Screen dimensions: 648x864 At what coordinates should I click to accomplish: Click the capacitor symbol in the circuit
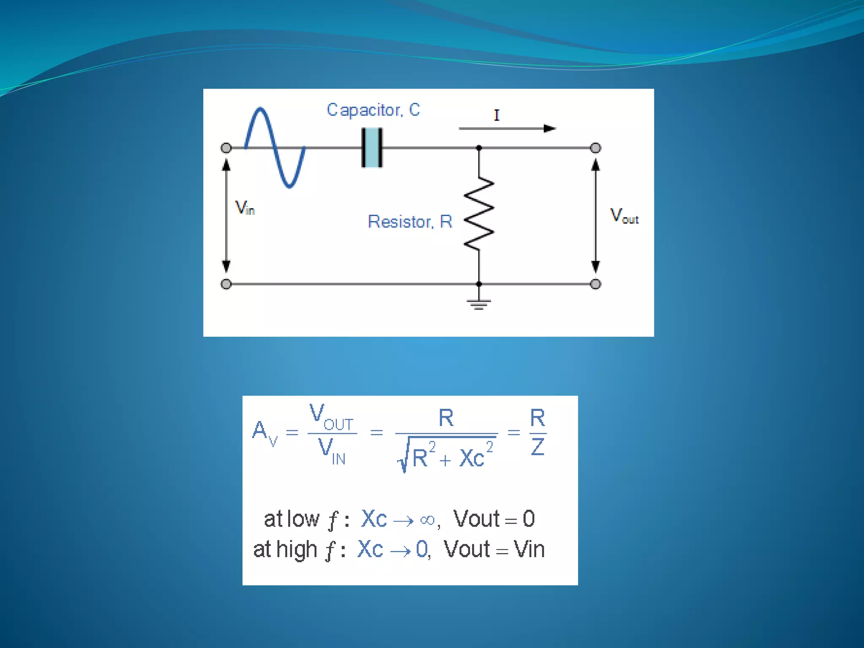click(372, 148)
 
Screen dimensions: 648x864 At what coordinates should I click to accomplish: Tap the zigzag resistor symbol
click(479, 214)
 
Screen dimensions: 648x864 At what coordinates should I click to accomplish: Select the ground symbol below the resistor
click(479, 303)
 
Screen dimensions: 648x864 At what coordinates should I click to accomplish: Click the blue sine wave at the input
click(275, 147)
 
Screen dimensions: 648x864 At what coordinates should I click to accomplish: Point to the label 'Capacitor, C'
click(373, 110)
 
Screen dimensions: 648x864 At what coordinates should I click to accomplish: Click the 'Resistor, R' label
click(410, 221)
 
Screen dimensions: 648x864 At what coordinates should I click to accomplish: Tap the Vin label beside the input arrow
click(245, 208)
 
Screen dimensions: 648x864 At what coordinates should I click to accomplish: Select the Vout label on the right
click(624, 216)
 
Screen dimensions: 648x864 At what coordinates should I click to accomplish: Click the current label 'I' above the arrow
click(497, 115)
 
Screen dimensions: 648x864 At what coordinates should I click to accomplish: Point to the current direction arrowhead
click(549, 128)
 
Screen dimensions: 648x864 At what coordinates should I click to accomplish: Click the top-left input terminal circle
click(226, 148)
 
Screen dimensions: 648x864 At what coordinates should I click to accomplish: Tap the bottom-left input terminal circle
click(226, 284)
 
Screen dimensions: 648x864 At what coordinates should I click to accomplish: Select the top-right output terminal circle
click(595, 148)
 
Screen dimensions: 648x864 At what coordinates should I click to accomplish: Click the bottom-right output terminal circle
click(595, 284)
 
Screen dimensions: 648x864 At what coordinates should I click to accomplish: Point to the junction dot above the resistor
click(479, 148)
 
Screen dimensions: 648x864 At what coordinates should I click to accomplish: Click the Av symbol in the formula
click(264, 432)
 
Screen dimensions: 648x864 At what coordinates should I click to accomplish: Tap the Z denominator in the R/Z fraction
click(537, 447)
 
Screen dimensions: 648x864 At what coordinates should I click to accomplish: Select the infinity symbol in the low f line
click(427, 520)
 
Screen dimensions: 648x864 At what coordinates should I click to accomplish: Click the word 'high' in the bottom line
click(297, 550)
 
